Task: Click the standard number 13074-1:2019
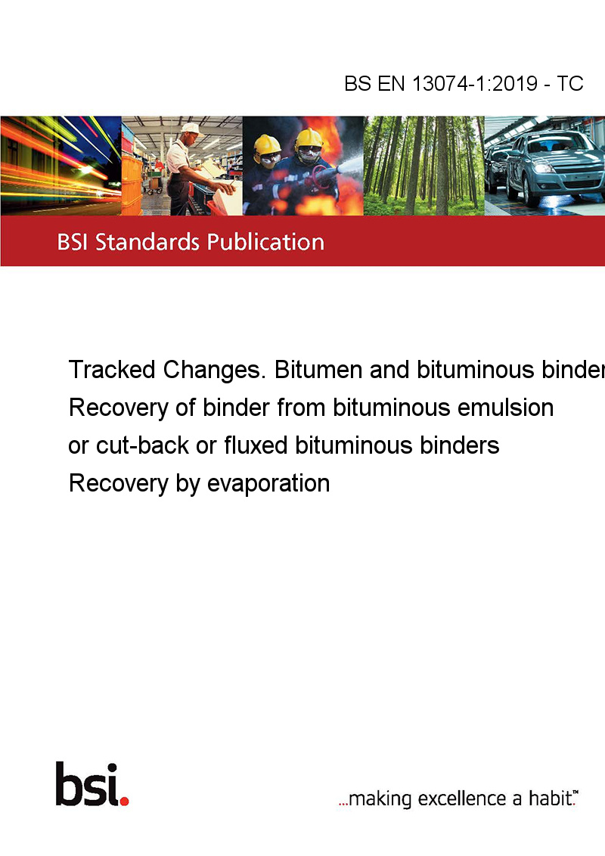click(474, 83)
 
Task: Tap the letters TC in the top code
click(570, 83)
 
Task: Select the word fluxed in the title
click(256, 445)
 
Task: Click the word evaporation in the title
click(268, 484)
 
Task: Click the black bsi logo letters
click(87, 784)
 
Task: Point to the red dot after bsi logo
click(124, 801)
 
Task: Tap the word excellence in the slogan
click(462, 799)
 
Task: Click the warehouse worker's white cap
click(191, 129)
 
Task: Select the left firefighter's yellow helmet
click(267, 144)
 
